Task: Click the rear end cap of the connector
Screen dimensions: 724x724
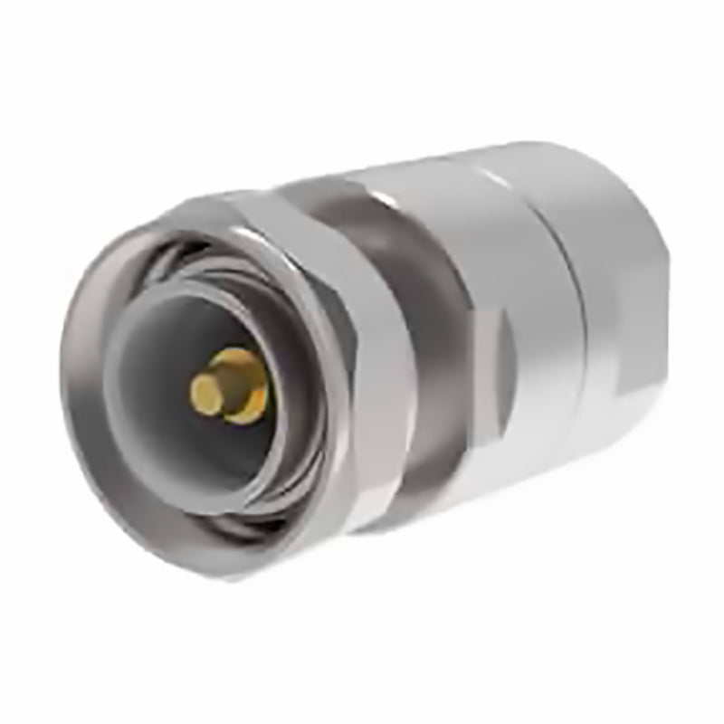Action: (615, 299)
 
